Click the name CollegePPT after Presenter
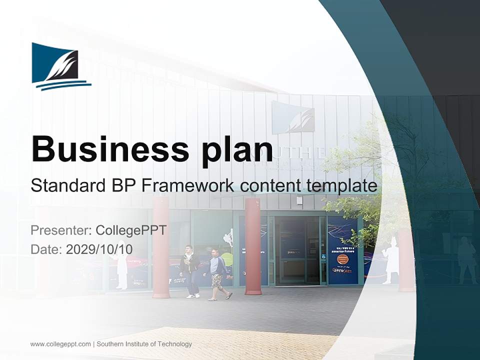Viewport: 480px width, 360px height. pos(130,230)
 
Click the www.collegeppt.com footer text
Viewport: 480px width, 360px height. pos(60,344)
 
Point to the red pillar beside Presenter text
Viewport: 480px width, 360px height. pos(161,250)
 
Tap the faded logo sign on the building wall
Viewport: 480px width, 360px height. pos(292,117)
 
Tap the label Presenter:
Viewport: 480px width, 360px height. pos(60,230)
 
